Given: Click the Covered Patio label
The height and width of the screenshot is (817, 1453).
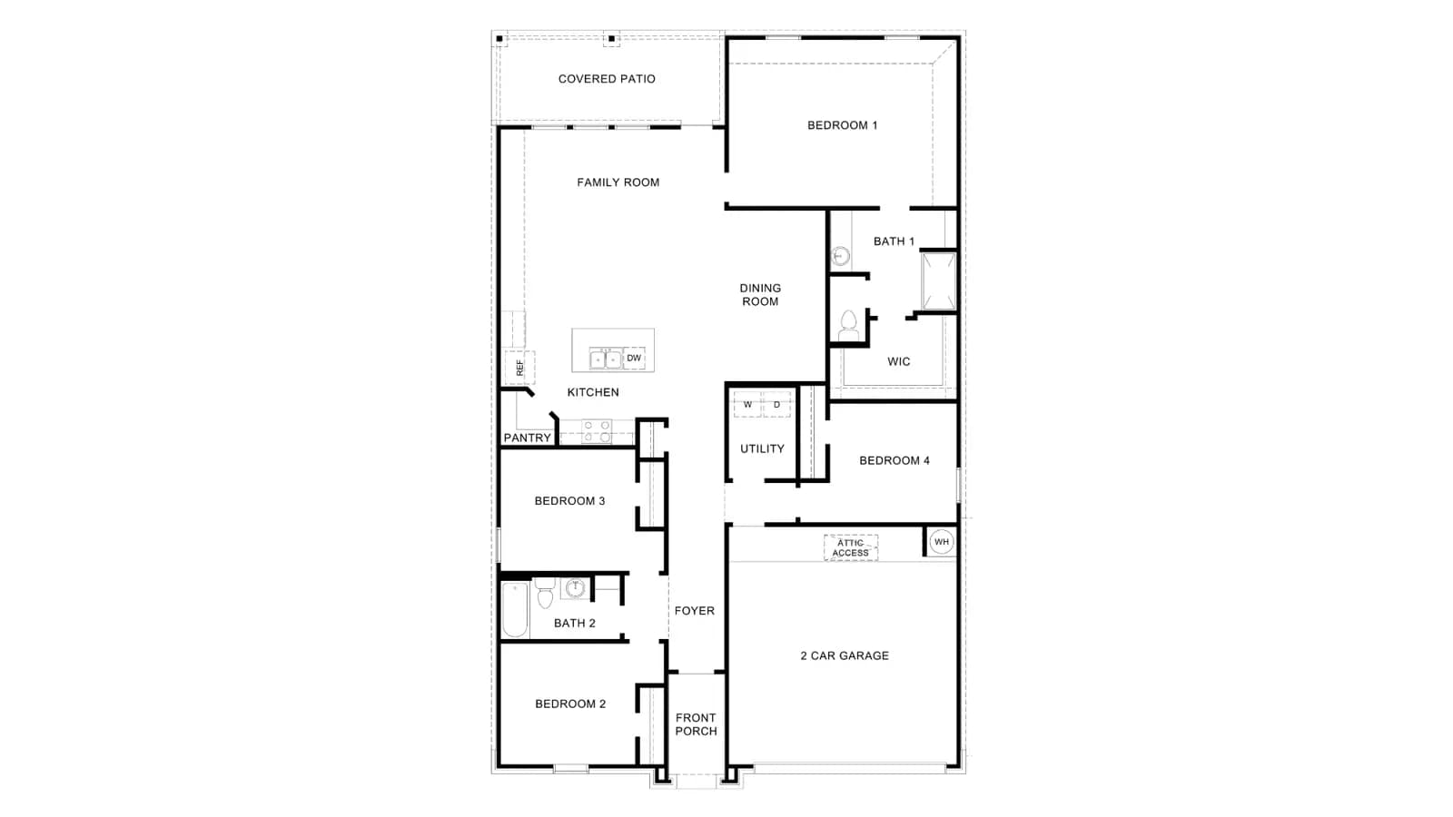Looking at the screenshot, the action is click(607, 79).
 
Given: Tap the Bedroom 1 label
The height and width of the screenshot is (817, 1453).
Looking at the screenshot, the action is click(842, 125).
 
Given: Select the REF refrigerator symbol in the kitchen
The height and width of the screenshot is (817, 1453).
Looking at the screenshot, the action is click(519, 368).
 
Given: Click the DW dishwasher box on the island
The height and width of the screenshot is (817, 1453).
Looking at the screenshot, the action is click(634, 358).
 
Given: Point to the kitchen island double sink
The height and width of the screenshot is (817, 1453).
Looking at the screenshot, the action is click(605, 359).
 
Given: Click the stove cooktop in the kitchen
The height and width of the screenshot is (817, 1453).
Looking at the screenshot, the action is click(597, 431).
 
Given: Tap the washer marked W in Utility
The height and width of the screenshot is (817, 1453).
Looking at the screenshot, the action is click(747, 405).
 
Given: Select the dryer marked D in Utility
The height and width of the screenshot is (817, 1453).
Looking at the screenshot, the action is click(776, 405).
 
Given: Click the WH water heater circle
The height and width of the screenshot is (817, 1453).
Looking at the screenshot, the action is click(941, 542).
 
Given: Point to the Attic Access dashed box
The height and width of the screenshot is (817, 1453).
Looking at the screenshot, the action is click(850, 548).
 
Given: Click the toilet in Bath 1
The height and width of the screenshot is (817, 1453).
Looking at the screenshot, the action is click(848, 326).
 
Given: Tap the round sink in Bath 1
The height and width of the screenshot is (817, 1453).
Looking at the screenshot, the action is click(841, 256).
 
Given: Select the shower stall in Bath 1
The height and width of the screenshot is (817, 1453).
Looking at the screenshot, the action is click(939, 281).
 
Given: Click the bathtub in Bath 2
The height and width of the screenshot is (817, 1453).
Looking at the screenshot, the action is click(515, 609).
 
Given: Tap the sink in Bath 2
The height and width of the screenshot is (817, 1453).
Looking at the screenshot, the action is click(576, 588).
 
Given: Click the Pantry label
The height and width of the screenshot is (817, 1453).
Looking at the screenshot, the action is click(528, 438).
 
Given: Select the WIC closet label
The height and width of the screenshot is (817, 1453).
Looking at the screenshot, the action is click(898, 362).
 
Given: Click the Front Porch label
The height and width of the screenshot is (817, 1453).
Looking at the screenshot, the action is click(696, 724).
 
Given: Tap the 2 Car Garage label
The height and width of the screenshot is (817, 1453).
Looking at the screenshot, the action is click(845, 655).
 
